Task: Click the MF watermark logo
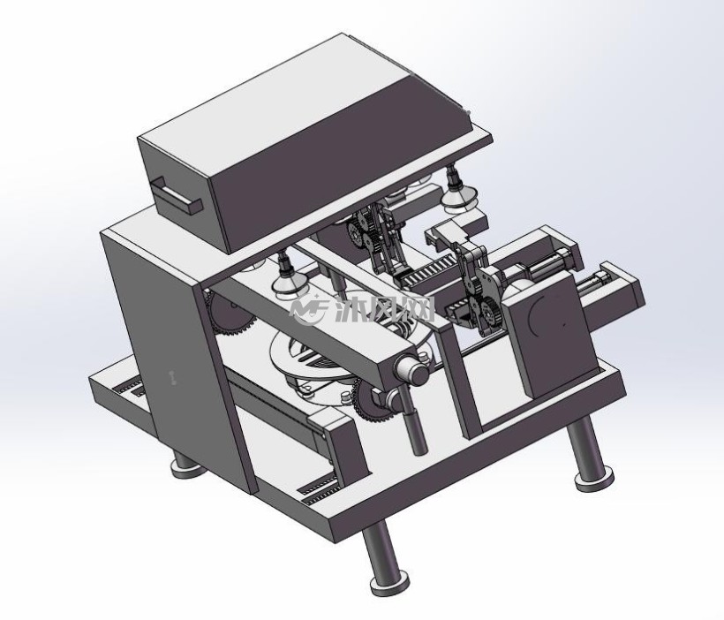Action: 308,309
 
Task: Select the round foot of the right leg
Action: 594,479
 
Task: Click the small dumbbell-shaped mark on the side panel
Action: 173,377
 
